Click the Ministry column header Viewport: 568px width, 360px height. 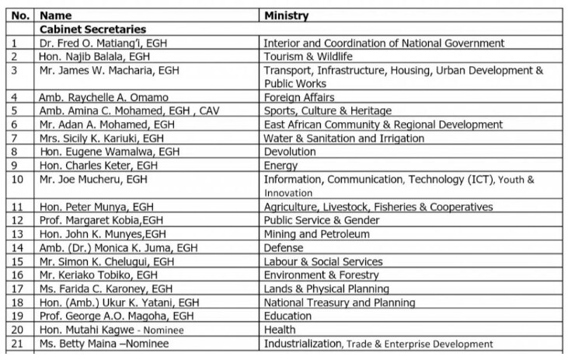(x=286, y=16)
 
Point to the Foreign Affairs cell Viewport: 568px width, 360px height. (x=299, y=98)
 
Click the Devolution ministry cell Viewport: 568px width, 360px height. (x=290, y=152)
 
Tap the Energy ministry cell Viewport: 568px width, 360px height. (x=281, y=166)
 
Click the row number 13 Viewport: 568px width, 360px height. (x=14, y=234)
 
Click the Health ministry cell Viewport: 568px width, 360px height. (x=281, y=330)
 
